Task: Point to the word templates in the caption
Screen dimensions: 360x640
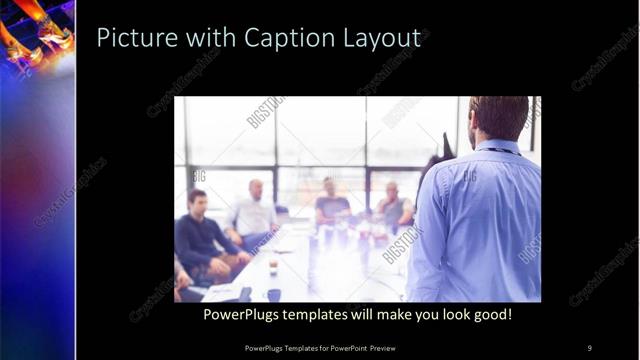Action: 314,314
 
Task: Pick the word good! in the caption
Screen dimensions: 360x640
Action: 490,314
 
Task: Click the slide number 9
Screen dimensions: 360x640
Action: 589,347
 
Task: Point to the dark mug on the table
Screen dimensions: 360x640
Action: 273,294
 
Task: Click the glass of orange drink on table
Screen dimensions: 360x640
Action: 273,265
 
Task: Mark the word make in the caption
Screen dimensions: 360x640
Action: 390,314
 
